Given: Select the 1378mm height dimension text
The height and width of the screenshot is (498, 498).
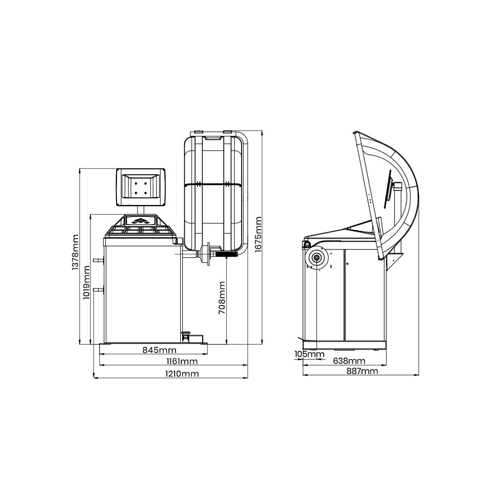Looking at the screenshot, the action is pos(75,252).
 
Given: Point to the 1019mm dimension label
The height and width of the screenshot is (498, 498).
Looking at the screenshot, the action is pos(86,283).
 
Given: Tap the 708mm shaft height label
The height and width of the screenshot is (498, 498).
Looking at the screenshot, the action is pos(222,298).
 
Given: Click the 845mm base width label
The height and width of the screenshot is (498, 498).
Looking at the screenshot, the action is pos(159,350).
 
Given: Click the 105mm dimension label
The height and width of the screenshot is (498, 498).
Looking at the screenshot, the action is pos(309,354).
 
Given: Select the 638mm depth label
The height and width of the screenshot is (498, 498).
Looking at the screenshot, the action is pos(349,361).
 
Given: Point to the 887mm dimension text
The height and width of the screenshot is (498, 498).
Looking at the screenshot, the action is pos(362,371).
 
